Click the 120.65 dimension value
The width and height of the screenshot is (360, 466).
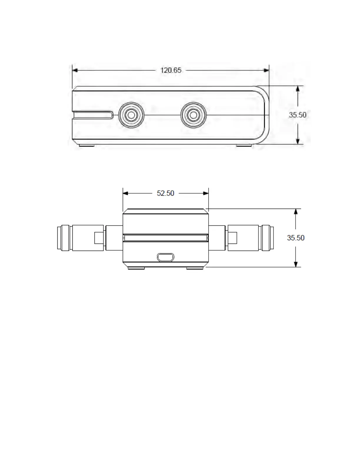click(x=171, y=70)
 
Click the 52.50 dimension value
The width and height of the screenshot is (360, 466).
click(x=165, y=193)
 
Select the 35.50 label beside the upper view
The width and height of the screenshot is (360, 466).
click(x=298, y=115)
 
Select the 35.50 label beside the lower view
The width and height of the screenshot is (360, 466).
click(x=296, y=238)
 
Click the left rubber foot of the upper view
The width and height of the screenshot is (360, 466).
click(x=87, y=146)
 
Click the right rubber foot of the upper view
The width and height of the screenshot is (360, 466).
click(x=244, y=146)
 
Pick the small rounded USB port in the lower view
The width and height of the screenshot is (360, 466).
click(x=166, y=257)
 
